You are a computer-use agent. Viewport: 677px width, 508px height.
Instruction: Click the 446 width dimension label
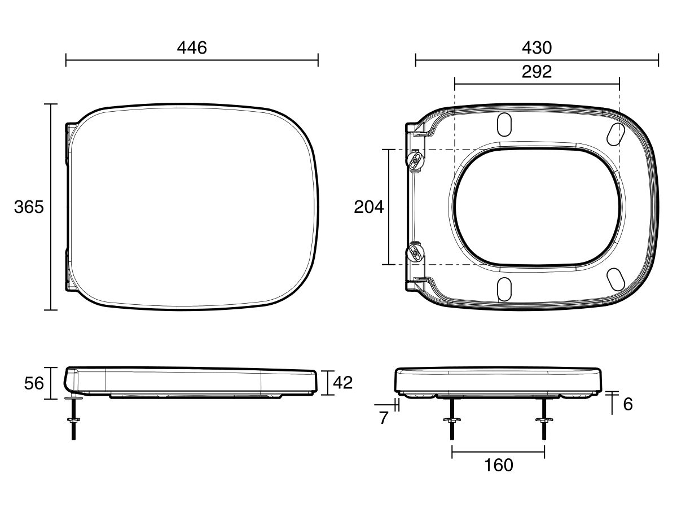coord(192,48)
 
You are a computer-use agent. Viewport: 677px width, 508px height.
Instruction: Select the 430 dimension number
coord(537,48)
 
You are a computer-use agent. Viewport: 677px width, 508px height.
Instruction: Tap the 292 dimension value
coord(537,72)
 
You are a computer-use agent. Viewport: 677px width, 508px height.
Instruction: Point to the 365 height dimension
coord(28,207)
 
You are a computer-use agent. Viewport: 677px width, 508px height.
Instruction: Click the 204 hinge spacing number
coord(368,207)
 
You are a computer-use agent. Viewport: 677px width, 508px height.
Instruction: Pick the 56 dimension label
coord(34,384)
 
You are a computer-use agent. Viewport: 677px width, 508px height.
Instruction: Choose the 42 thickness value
coord(342,383)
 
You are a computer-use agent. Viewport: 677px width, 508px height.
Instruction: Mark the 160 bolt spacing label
coord(499,465)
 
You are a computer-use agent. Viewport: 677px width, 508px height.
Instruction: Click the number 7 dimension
coord(384,418)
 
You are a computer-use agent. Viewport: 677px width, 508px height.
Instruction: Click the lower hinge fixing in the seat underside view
coord(415,251)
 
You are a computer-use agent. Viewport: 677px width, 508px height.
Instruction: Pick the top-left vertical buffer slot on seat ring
coord(503,125)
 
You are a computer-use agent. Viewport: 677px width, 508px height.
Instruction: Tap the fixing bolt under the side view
coord(73,421)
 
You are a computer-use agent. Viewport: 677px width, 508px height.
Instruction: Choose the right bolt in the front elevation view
coord(544,421)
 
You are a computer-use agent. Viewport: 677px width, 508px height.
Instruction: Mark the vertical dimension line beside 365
coord(51,207)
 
